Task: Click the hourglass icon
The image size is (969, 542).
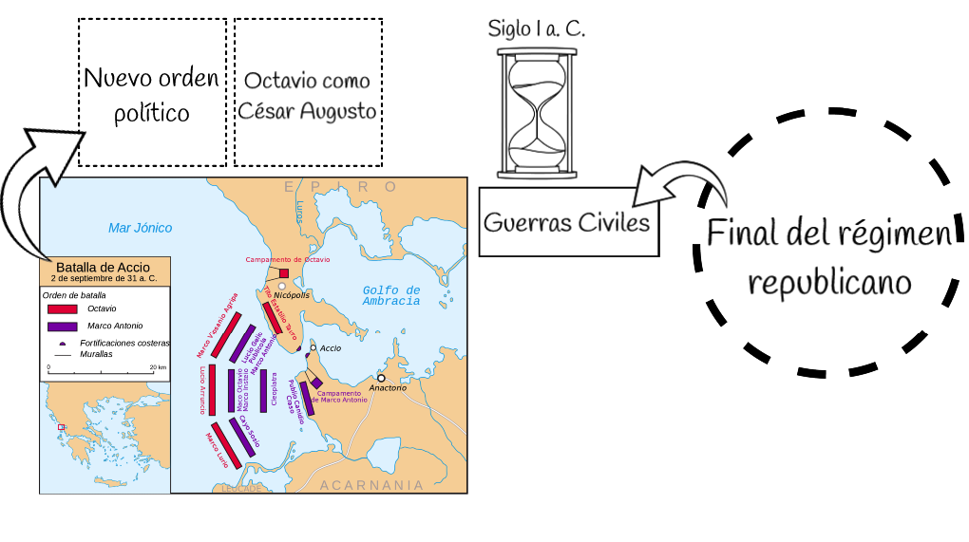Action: [x=537, y=114]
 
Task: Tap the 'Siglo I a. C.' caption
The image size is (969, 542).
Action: [x=536, y=28]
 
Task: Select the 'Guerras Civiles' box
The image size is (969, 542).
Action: [x=568, y=222]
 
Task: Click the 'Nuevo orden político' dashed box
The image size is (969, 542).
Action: [x=152, y=93]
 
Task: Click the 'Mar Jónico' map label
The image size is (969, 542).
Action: [x=141, y=228]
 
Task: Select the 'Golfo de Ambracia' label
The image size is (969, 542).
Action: [x=390, y=295]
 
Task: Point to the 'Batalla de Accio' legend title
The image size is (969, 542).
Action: [x=104, y=267]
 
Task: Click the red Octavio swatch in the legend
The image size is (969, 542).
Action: [x=62, y=308]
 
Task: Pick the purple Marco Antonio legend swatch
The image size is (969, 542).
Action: [x=62, y=326]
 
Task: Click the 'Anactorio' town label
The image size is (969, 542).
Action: [x=388, y=388]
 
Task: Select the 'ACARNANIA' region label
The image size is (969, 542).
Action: [x=371, y=485]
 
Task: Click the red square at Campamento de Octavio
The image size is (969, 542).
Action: [x=284, y=273]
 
